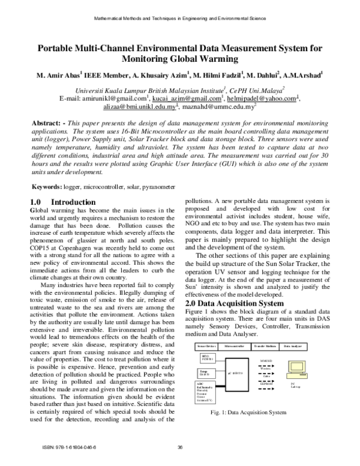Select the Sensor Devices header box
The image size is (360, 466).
tap(207, 346)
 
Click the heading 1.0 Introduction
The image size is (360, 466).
tap(62, 202)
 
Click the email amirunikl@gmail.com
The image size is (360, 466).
tap(117, 98)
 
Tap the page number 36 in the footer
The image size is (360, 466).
tap(180, 456)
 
